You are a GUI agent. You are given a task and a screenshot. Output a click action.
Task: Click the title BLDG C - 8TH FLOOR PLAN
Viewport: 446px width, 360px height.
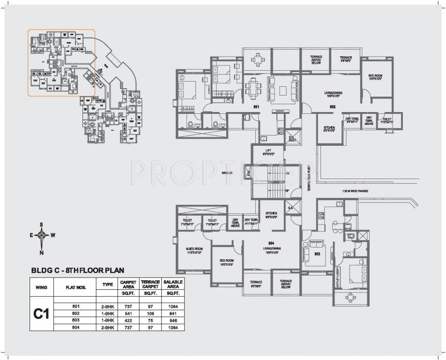tap(78, 270)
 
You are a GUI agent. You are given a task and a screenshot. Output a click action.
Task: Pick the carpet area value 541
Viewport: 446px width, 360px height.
tap(128, 313)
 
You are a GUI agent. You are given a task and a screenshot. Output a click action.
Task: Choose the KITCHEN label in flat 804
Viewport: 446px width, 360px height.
tap(272, 215)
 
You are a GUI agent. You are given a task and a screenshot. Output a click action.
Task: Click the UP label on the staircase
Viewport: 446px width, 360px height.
tap(287, 191)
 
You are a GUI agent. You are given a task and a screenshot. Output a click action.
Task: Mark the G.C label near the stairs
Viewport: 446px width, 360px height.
tap(290, 208)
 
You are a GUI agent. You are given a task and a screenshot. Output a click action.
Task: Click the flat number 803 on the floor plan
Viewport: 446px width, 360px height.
tap(317, 254)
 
